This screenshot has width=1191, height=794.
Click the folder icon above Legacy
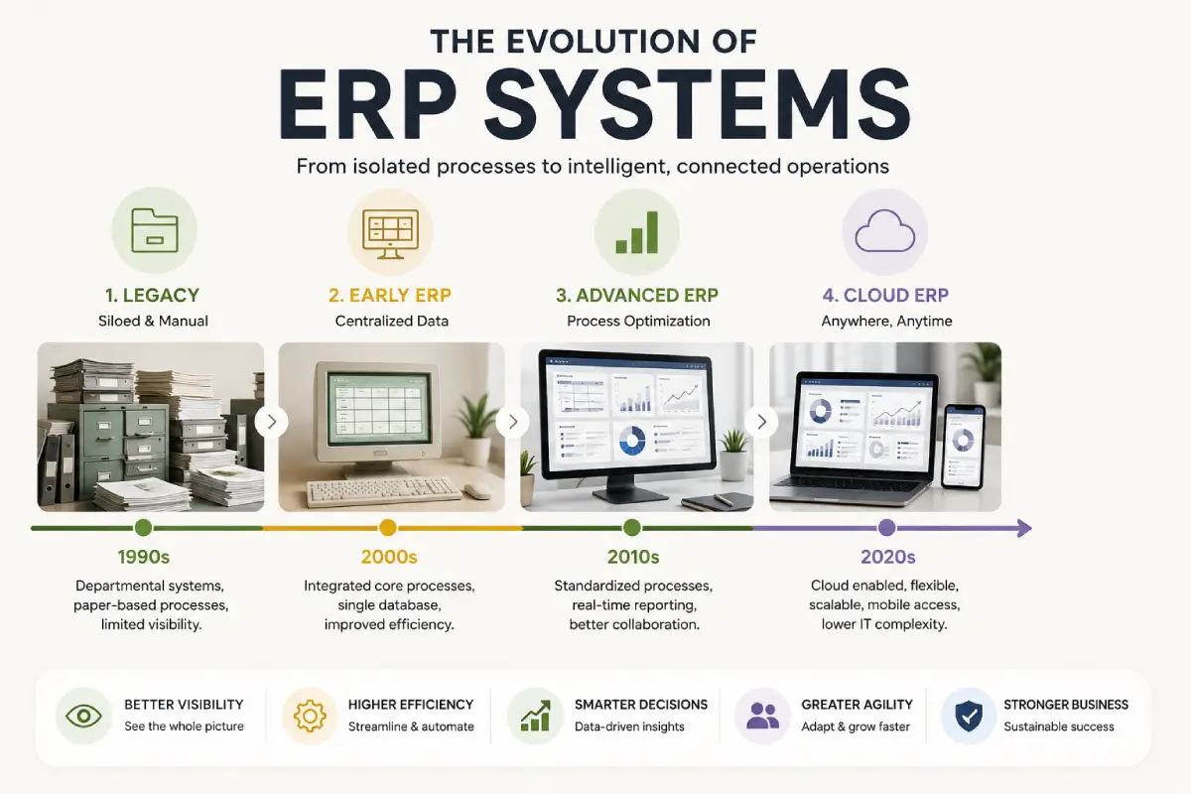(x=154, y=230)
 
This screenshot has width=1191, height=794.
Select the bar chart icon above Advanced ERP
(x=637, y=232)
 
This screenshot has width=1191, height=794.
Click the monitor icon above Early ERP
(x=390, y=234)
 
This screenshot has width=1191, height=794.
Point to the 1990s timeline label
(x=144, y=557)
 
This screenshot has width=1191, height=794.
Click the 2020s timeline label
(x=888, y=557)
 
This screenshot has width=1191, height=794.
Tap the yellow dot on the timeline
(x=388, y=528)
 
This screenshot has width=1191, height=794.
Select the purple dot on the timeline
(x=886, y=528)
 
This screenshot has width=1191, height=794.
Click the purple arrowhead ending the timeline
(x=1024, y=528)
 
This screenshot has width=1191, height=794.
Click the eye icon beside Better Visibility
(x=83, y=716)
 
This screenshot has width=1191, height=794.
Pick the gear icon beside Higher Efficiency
(x=310, y=716)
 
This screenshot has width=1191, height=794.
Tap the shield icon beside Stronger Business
(x=969, y=716)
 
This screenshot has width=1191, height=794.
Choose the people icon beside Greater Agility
(x=762, y=716)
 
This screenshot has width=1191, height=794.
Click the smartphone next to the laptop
(x=963, y=447)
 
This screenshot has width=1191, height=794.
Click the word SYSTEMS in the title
(x=698, y=104)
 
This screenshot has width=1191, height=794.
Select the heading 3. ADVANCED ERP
(x=637, y=295)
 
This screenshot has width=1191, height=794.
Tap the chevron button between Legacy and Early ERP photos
(x=272, y=422)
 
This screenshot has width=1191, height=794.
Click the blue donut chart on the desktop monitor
(x=633, y=441)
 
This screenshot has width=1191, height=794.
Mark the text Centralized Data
(x=392, y=322)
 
